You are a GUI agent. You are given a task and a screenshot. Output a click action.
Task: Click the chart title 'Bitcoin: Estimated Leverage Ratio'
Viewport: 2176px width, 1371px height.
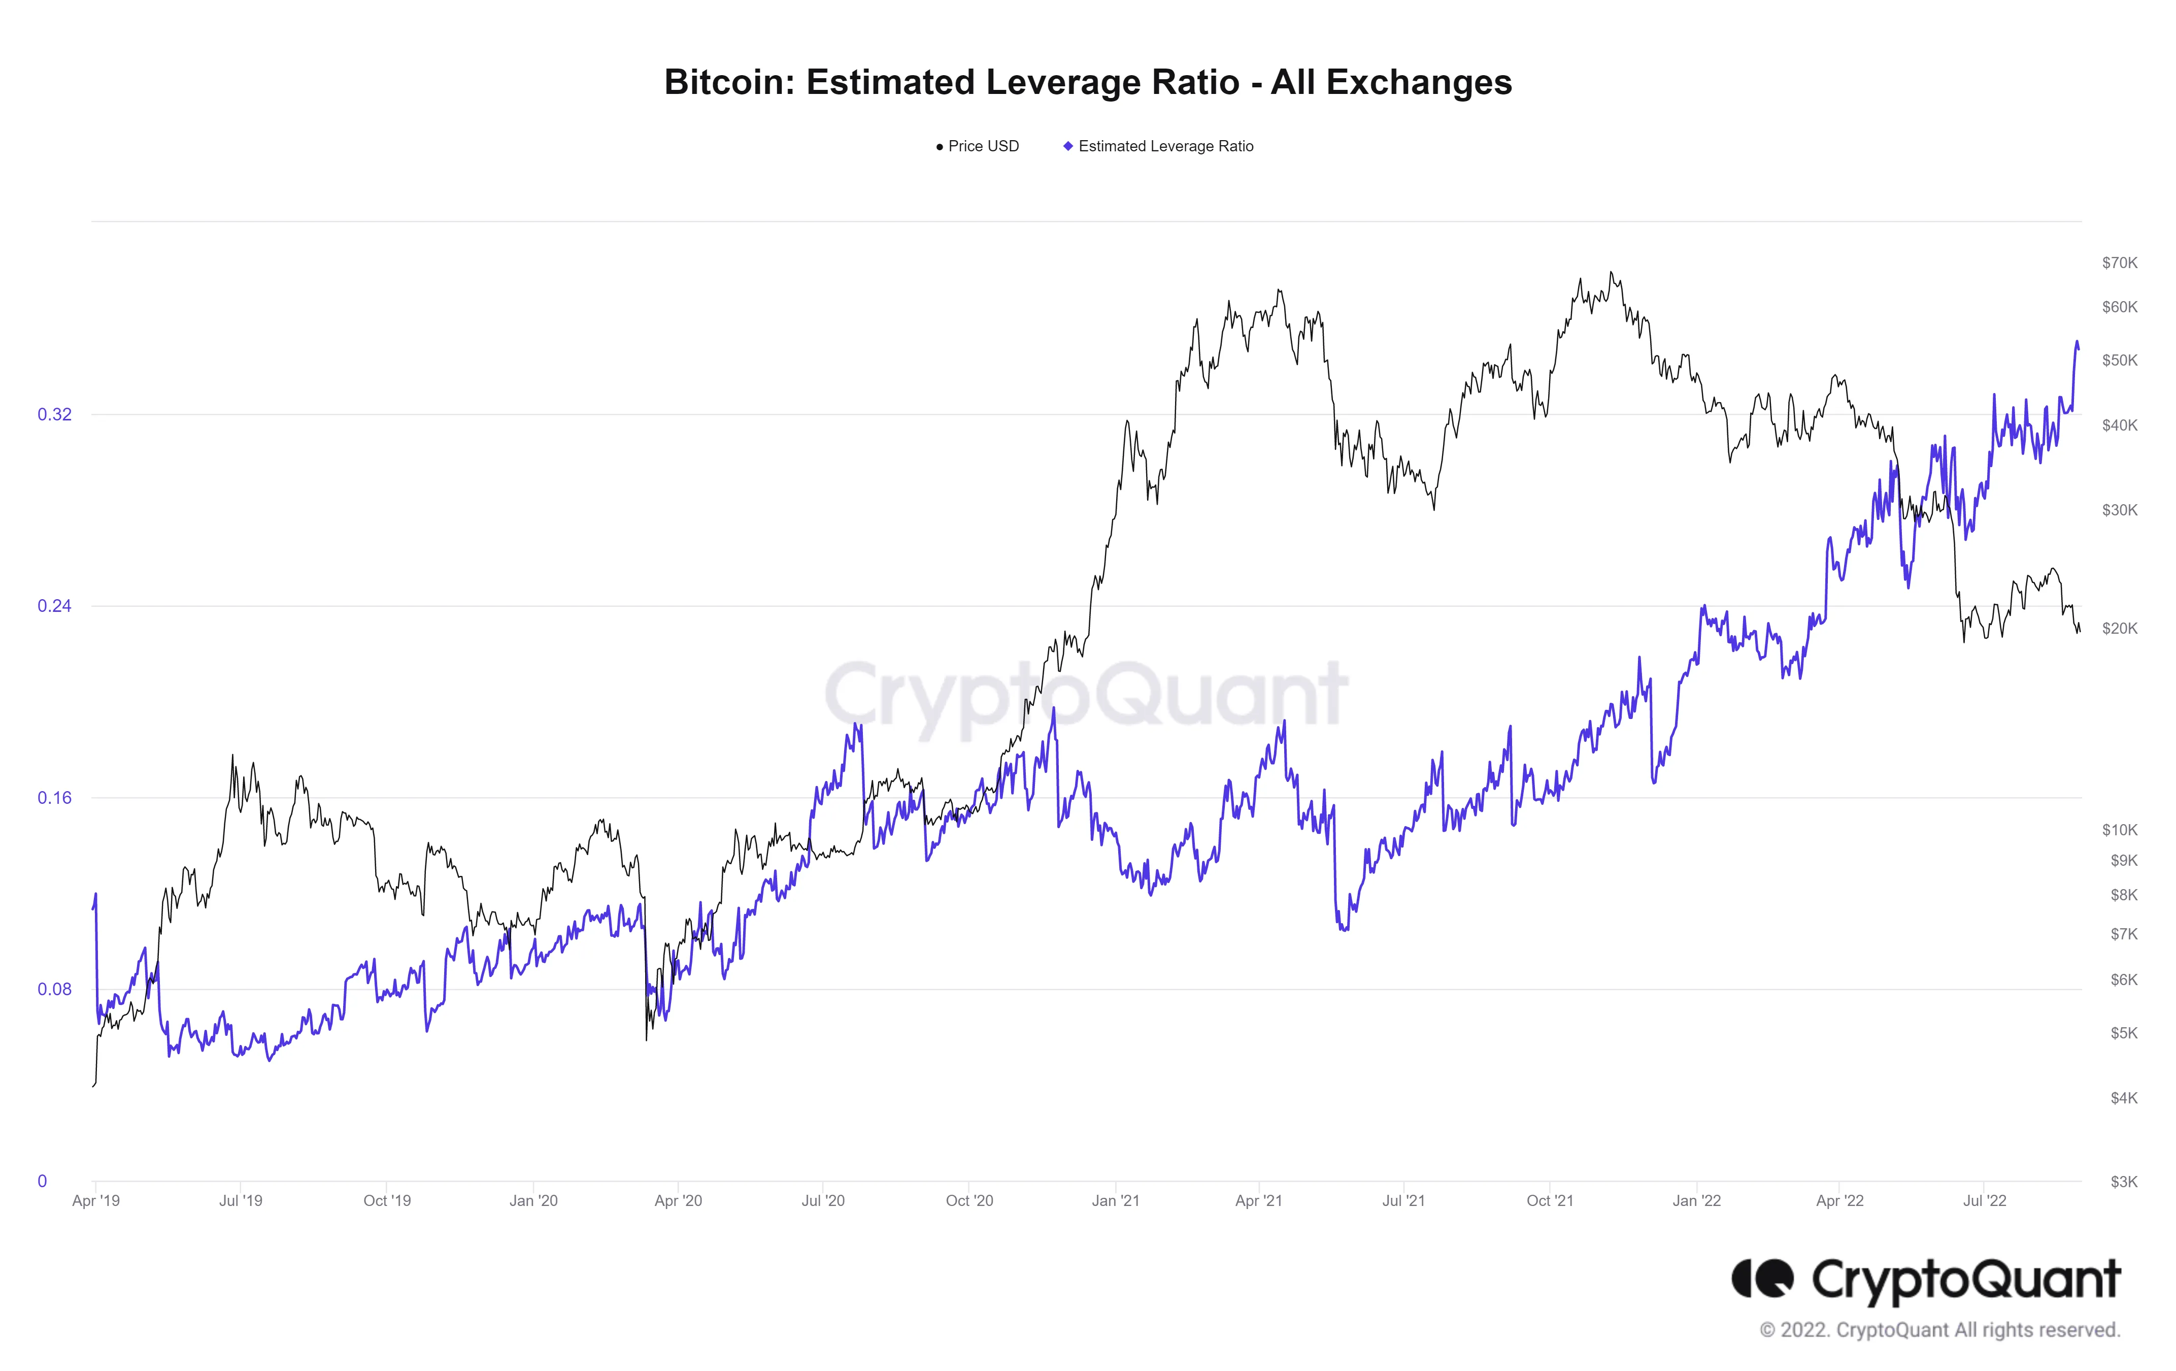[x=1087, y=82]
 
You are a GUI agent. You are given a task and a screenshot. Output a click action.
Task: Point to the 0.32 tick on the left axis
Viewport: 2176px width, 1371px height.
[x=54, y=415]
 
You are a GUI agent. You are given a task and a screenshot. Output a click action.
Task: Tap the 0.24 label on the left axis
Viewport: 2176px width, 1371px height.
[x=54, y=606]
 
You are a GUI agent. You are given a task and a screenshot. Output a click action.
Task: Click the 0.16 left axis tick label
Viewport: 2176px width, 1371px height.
[x=54, y=798]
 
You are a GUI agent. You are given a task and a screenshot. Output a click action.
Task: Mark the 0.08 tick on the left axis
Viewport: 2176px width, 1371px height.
[x=54, y=990]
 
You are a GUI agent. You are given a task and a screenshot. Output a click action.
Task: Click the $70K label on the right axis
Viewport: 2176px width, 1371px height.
[x=2119, y=263]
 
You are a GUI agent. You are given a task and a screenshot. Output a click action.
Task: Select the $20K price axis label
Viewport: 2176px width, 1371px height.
[x=2119, y=628]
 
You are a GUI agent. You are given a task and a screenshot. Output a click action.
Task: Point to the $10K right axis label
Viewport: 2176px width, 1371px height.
[x=2119, y=830]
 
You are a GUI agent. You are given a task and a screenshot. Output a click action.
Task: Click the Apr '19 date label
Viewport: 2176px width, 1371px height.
[x=96, y=1201]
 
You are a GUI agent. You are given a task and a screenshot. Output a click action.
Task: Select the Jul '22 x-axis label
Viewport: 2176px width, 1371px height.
[x=1985, y=1201]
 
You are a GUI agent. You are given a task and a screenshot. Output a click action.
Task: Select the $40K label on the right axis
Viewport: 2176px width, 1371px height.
[x=2119, y=426]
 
